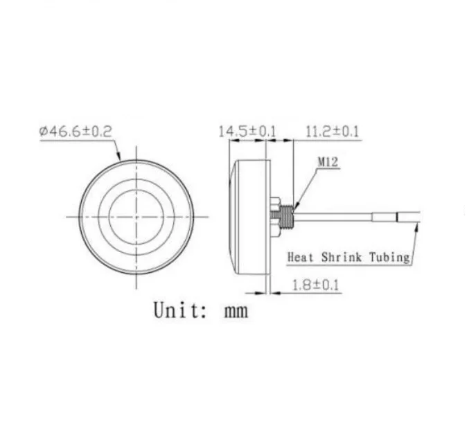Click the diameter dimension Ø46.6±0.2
pos(76,132)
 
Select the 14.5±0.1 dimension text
pos(247,132)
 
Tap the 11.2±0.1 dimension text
pos(333,132)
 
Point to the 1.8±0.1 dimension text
pos(316,285)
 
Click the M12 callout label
pos(328,162)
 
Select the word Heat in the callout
pos(300,257)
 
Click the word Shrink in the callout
pos(342,257)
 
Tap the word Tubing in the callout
pos(389,258)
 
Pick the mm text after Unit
pos(236,312)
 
